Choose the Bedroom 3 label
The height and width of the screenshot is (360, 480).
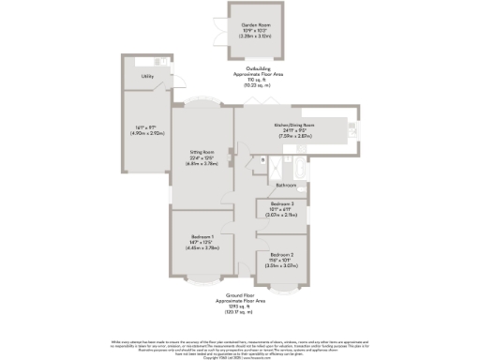pyautogui.click(x=282, y=203)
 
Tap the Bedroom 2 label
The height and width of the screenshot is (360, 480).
pyautogui.click(x=282, y=254)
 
